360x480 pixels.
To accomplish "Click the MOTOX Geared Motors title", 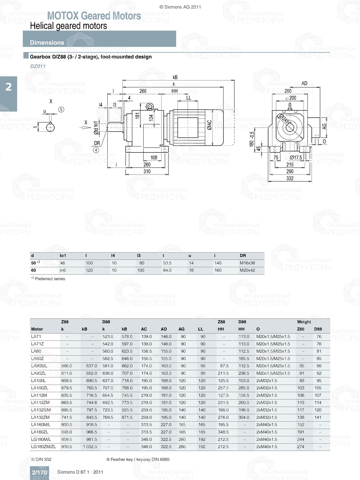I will pyautogui.click(x=94, y=16).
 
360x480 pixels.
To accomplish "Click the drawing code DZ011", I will pyautogui.click(x=38, y=66).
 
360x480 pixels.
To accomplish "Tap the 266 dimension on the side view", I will pyautogui.click(x=143, y=91).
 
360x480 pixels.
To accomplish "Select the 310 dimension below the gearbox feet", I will pyautogui.click(x=147, y=171).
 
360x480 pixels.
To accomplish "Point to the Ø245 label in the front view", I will pyautogui.click(x=284, y=119).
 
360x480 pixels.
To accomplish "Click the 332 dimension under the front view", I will pyautogui.click(x=290, y=178).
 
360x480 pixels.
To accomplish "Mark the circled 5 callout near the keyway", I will pyautogui.click(x=61, y=109).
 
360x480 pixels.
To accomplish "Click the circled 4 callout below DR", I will pyautogui.click(x=96, y=150).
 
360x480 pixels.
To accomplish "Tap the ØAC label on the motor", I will pyautogui.click(x=210, y=125).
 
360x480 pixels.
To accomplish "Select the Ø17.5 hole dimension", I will pyautogui.click(x=296, y=158).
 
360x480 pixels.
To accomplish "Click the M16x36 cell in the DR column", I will pyautogui.click(x=247, y=263).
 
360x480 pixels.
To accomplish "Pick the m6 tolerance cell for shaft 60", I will pyautogui.click(x=63, y=270).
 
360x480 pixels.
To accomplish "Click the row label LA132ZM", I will pyautogui.click(x=40, y=417).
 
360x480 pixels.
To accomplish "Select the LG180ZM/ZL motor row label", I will pyautogui.click(x=44, y=447).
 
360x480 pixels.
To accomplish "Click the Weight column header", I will pyautogui.click(x=304, y=322).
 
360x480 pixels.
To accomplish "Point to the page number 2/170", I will pyautogui.click(x=39, y=472).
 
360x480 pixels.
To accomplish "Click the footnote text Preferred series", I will pyautogui.click(x=50, y=279).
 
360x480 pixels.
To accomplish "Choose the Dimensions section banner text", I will pyautogui.click(x=47, y=42).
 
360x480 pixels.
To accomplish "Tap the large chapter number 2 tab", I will pyautogui.click(x=9, y=87).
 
